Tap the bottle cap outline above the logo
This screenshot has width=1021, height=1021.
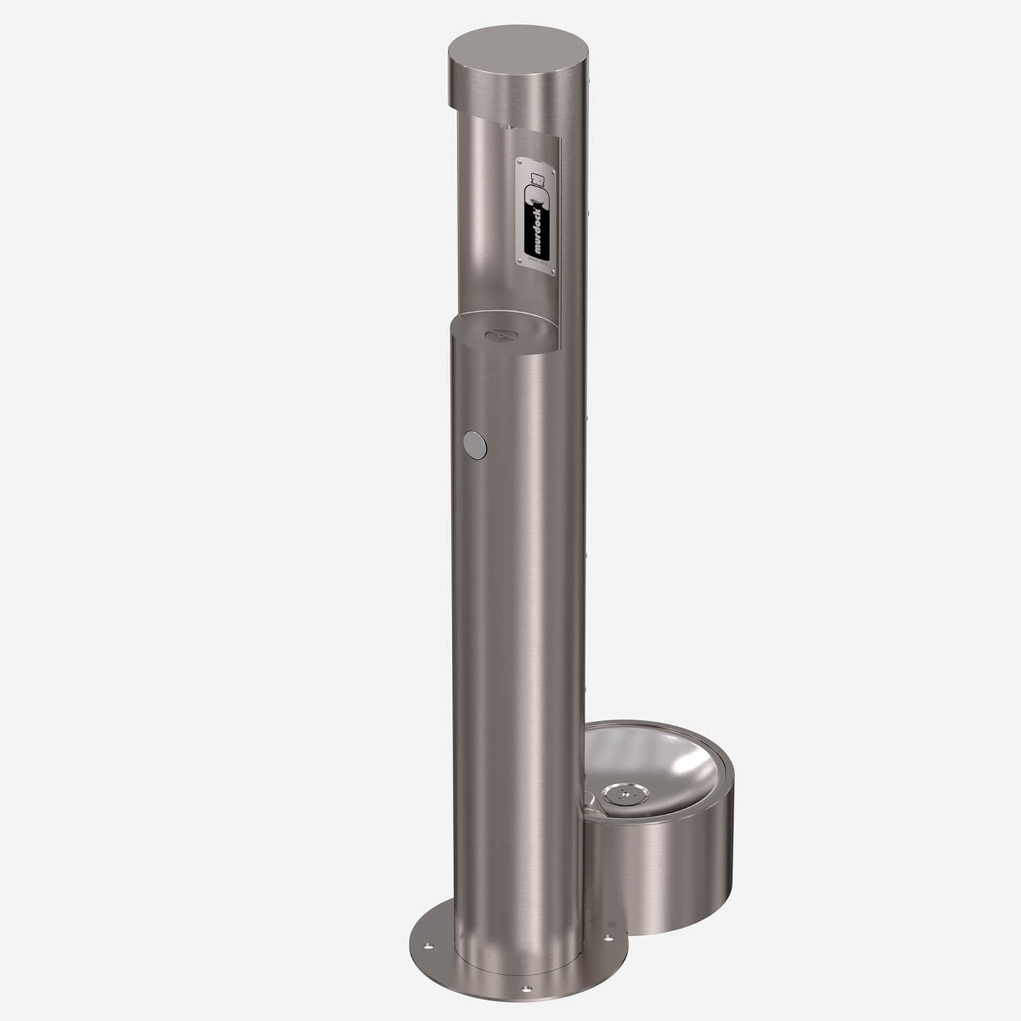click(538, 180)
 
